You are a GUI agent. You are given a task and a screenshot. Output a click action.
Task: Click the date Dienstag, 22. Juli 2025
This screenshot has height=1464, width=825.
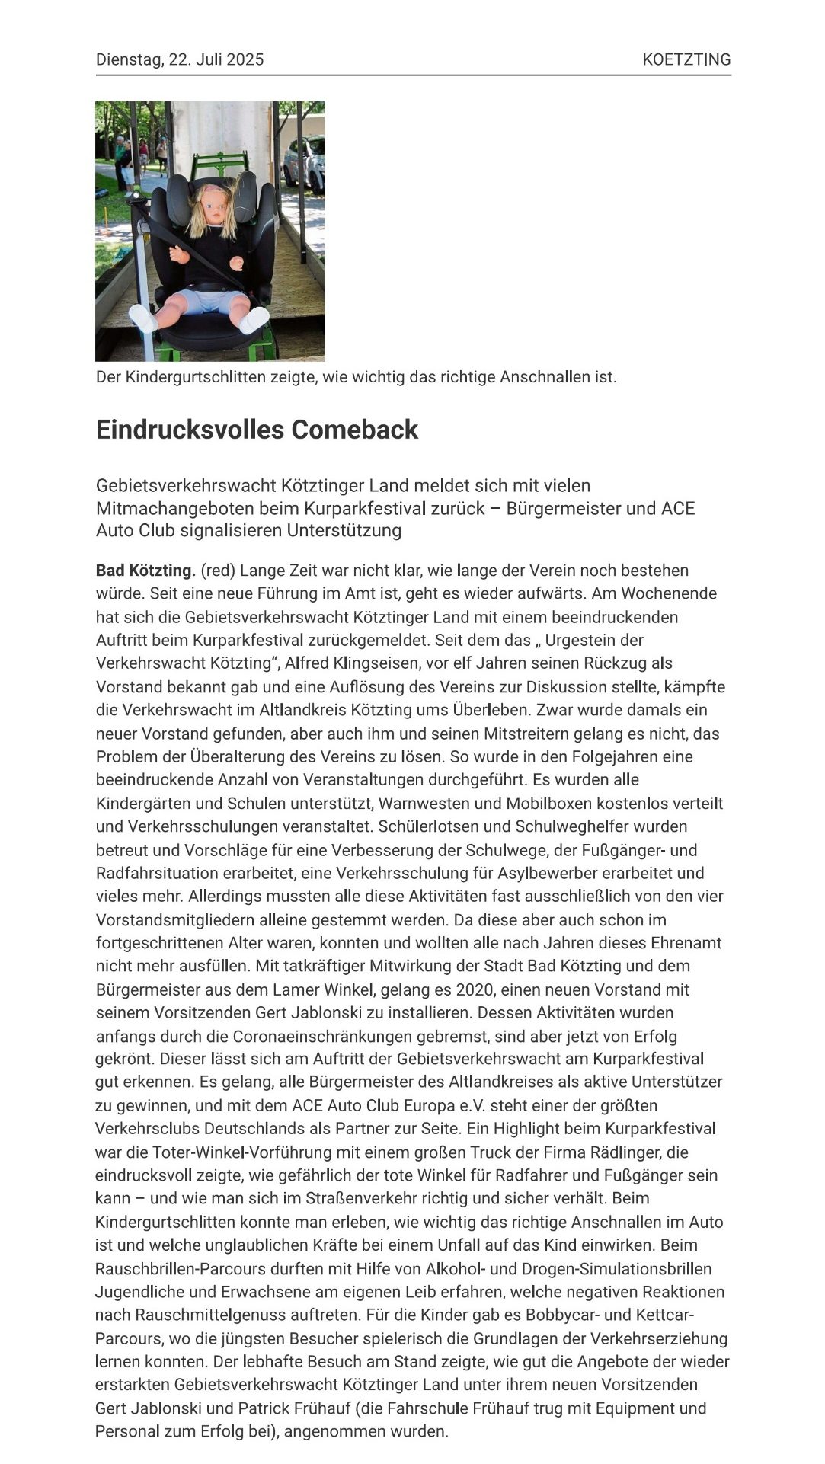coord(180,59)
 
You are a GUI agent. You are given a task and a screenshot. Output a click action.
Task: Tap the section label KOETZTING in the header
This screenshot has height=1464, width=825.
coord(686,59)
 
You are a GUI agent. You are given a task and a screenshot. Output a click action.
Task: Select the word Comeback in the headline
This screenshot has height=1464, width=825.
coord(354,430)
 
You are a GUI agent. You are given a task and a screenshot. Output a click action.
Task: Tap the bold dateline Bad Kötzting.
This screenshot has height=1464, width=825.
coord(145,571)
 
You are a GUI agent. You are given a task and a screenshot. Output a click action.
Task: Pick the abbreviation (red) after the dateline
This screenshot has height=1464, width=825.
coord(218,571)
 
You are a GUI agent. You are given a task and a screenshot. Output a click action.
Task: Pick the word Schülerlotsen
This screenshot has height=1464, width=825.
coord(433,826)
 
